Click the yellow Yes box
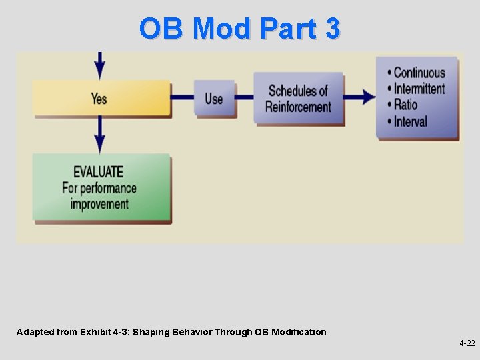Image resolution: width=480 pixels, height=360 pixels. [100, 99]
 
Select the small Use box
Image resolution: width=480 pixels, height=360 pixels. [214, 99]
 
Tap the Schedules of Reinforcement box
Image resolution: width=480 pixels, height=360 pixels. [298, 99]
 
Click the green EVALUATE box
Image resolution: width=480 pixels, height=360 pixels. [101, 187]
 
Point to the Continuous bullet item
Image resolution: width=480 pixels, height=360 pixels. [419, 73]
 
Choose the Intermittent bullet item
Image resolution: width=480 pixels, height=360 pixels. [419, 89]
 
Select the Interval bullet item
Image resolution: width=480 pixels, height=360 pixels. [410, 121]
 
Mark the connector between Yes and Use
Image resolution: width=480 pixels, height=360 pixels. [182, 98]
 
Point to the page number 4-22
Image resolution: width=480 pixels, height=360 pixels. [467, 343]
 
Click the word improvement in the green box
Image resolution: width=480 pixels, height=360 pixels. [99, 203]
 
